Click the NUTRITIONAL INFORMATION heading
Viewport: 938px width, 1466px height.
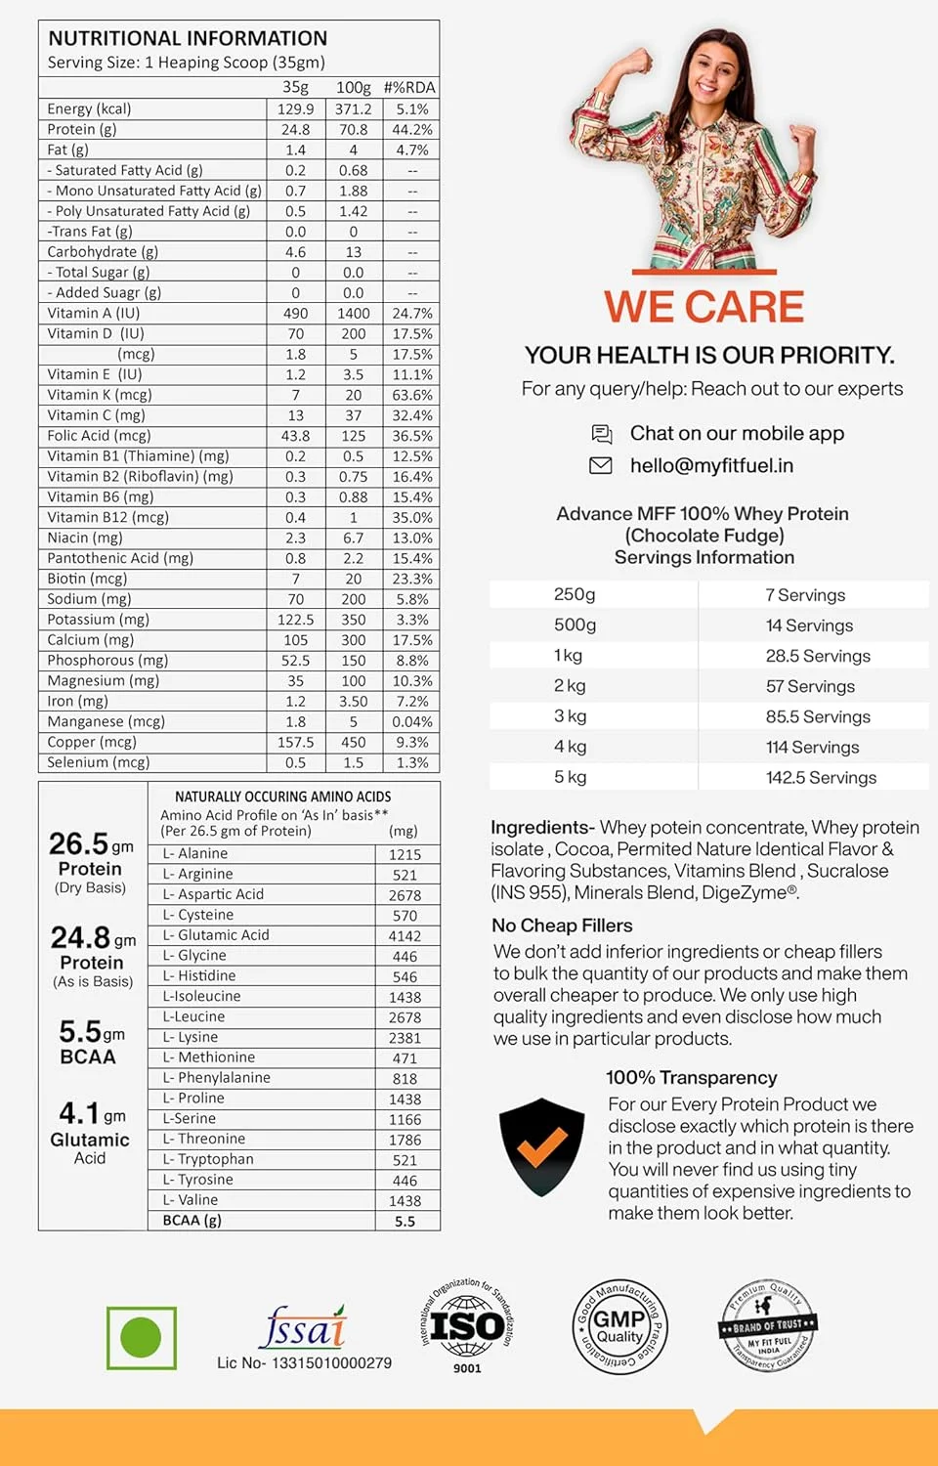tap(188, 38)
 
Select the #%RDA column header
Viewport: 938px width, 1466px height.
tap(409, 88)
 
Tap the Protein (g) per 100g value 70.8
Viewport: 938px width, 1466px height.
tap(353, 129)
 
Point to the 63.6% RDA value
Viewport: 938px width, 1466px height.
tap(412, 395)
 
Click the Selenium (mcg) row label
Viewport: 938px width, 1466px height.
tap(99, 762)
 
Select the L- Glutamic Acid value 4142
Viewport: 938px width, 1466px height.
tap(405, 935)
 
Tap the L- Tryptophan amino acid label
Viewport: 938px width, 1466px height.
tap(208, 1159)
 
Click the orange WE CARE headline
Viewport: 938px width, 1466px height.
tap(703, 307)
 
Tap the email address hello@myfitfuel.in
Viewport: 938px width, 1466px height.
tap(711, 465)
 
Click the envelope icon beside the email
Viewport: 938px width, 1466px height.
tap(601, 465)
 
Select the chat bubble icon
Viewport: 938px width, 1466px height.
tap(602, 433)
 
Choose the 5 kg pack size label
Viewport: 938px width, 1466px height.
tap(571, 777)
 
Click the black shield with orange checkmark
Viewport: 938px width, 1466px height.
tap(541, 1146)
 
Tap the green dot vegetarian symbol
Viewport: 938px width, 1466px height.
tap(142, 1337)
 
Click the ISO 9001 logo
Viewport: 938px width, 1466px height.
tap(467, 1326)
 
